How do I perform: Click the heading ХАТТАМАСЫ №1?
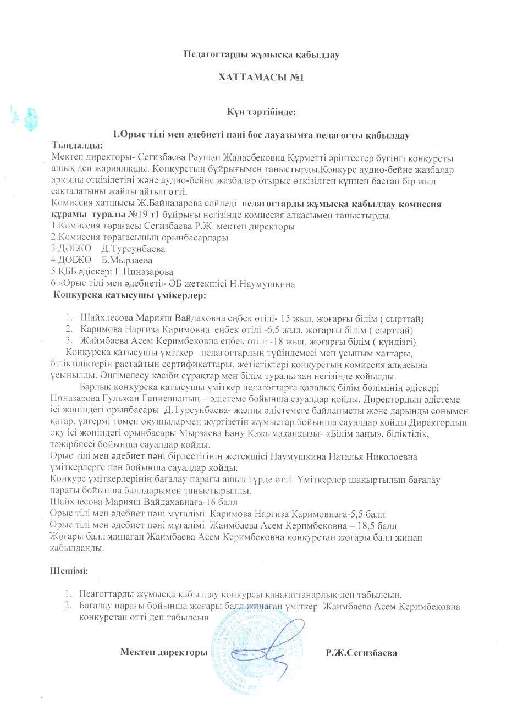(x=261, y=78)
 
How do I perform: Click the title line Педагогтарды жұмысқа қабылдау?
(x=261, y=54)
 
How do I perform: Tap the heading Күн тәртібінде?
(x=262, y=112)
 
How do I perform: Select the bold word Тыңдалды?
(x=76, y=145)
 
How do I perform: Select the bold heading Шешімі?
(x=69, y=571)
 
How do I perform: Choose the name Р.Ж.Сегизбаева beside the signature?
(x=361, y=653)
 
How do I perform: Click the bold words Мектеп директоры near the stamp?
(x=164, y=653)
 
